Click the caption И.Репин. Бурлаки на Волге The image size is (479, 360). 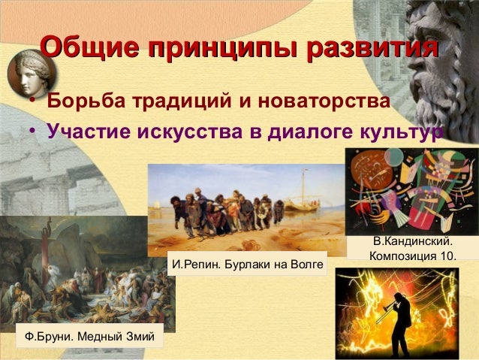tap(248, 265)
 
